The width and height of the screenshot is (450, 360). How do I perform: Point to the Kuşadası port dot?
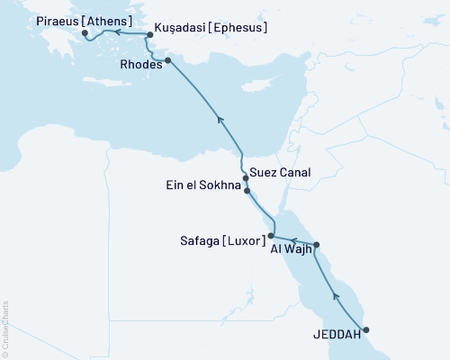(x=149, y=35)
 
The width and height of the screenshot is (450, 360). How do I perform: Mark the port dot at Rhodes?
(x=167, y=60)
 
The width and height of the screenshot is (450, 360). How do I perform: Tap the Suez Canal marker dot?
(x=246, y=178)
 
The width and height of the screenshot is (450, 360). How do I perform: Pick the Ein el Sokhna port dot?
(x=247, y=191)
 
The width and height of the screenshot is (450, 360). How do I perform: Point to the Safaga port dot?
(x=272, y=236)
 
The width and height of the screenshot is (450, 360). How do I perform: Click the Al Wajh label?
(x=291, y=251)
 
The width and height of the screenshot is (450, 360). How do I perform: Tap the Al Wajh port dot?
(x=316, y=245)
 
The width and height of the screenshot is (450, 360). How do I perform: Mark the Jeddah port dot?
(x=365, y=329)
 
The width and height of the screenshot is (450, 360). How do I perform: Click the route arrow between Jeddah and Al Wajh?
(x=337, y=294)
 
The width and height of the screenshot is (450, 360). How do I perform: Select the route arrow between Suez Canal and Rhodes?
(x=218, y=117)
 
